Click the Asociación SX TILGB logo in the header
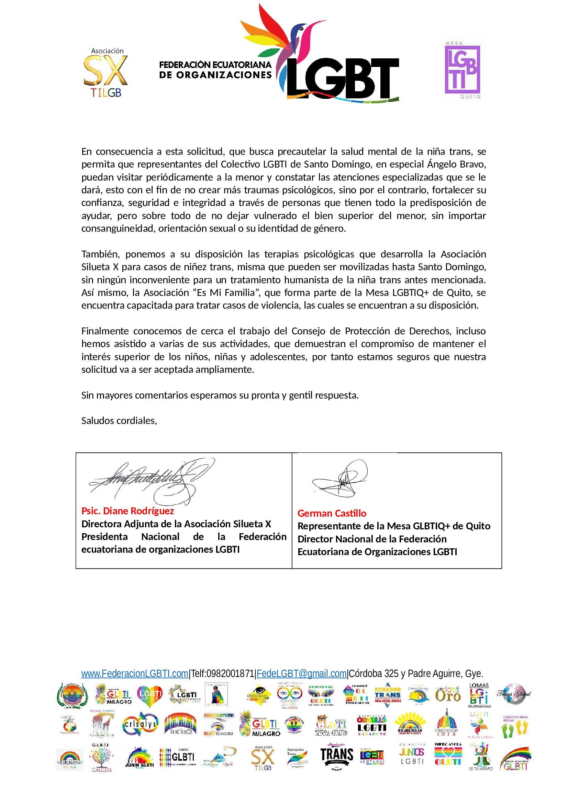tap(106, 73)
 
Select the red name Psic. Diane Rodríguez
tap(127, 511)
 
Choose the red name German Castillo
tap(332, 513)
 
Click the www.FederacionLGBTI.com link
tap(135, 674)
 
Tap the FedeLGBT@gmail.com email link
tap(301, 674)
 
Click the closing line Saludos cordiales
tap(119, 421)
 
